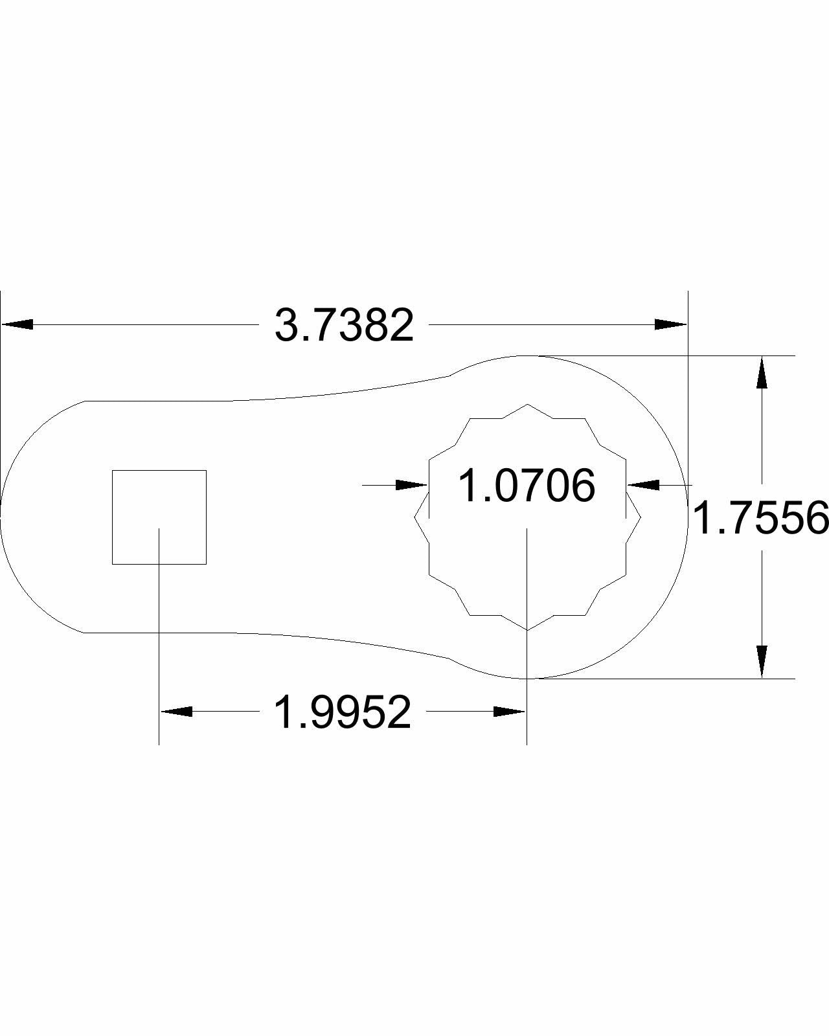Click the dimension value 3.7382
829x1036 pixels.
(344, 326)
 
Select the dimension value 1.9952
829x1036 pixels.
(343, 712)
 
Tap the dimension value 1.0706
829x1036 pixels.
(527, 486)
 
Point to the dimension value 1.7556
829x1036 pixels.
(760, 518)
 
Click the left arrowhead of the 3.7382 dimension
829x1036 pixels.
(17, 324)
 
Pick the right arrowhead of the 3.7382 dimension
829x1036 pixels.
(671, 324)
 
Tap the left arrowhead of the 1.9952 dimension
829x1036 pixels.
(176, 711)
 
